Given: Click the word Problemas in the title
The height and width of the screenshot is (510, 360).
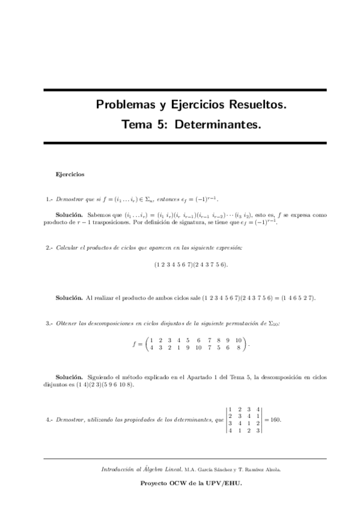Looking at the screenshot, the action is [x=125, y=105].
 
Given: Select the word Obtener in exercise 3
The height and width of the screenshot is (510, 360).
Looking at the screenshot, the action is [x=66, y=324].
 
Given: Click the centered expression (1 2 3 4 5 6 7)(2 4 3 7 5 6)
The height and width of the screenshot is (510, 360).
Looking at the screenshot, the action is [x=191, y=265].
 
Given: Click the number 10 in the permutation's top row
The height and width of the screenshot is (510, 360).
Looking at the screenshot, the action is [x=238, y=341].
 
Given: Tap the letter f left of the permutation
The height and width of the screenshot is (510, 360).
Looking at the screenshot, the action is [x=134, y=345].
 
